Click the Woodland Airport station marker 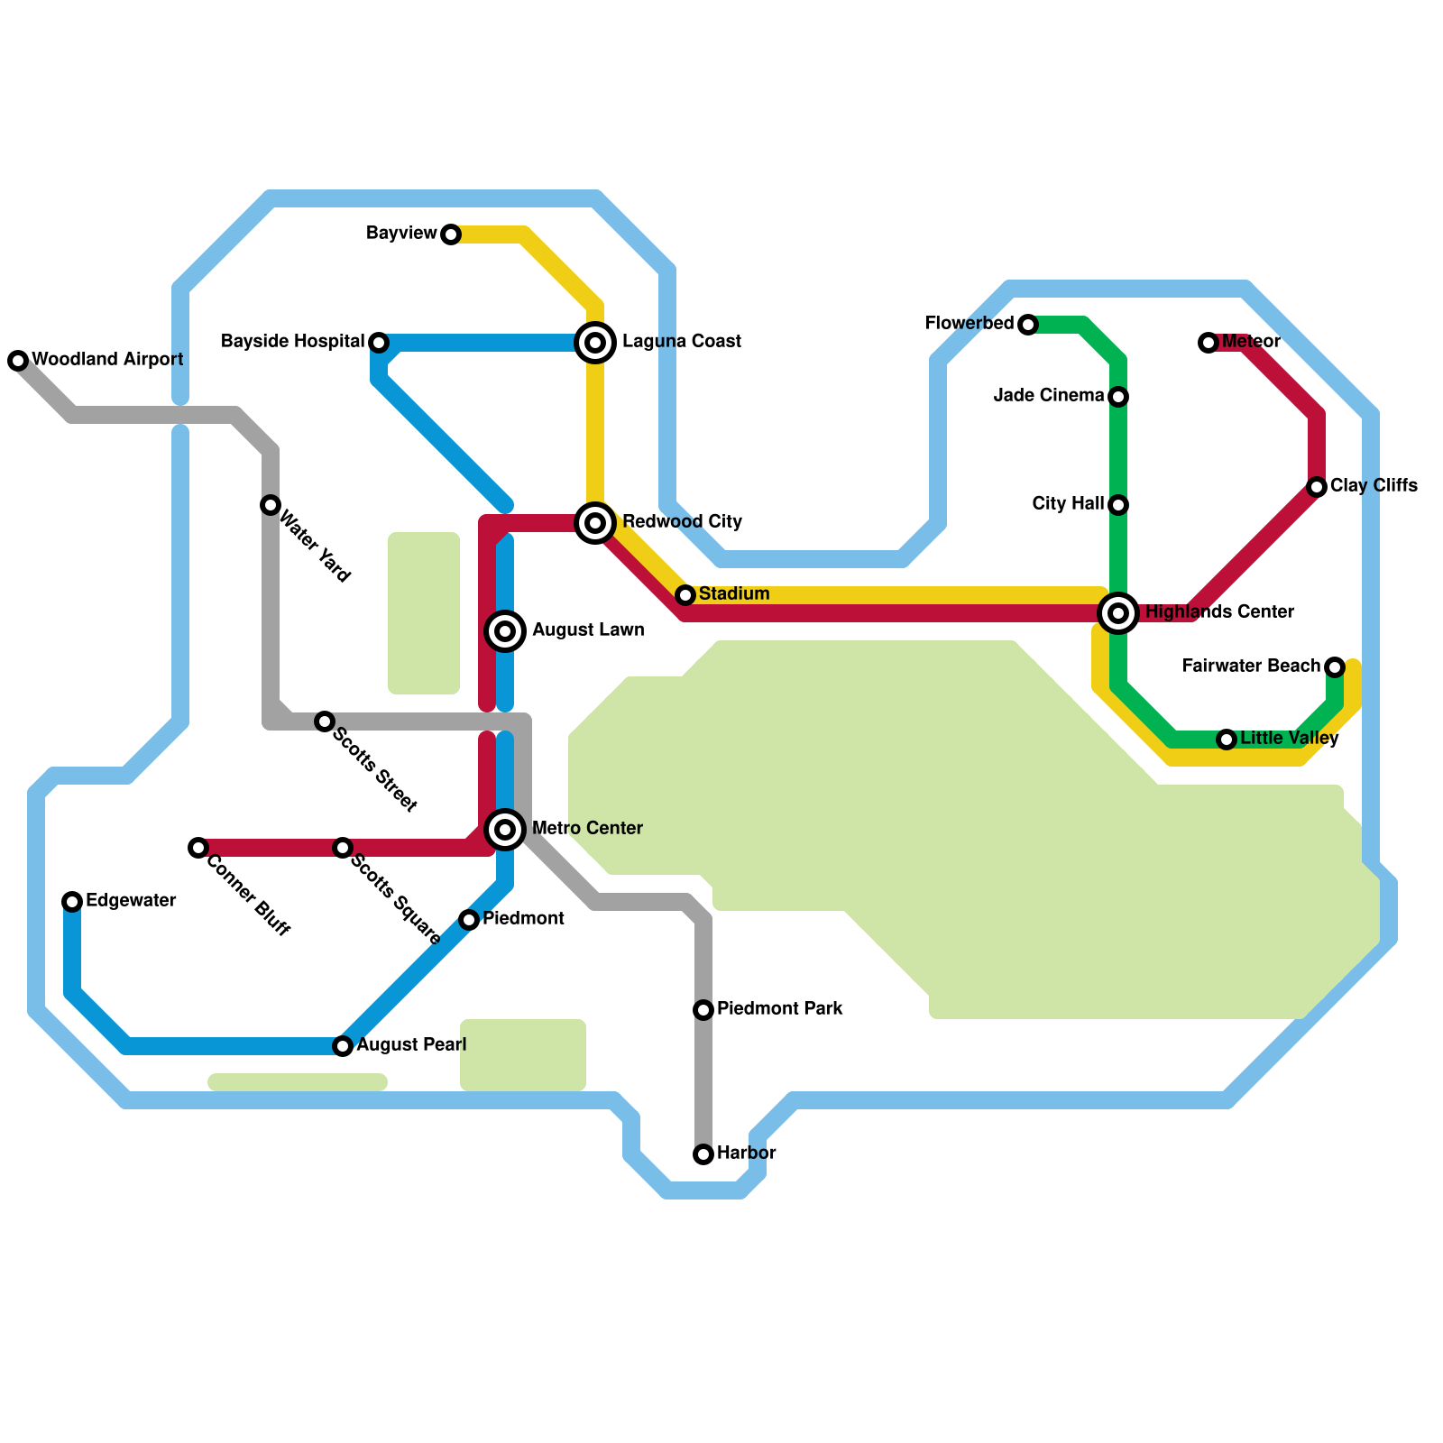[18, 361]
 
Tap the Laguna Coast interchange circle [595, 343]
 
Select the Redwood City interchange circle [595, 523]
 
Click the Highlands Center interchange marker [1118, 613]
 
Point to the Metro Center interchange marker [506, 829]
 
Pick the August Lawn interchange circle [506, 630]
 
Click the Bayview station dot [451, 235]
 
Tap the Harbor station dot [703, 1154]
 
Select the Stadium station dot [685, 595]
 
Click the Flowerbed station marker [1028, 325]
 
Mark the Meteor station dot [1209, 343]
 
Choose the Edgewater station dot [72, 902]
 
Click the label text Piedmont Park [779, 1008]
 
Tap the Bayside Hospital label [292, 342]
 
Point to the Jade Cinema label [1048, 396]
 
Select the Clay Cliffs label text [1373, 486]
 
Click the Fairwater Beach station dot [1335, 667]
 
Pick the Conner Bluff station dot [198, 848]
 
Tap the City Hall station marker [1118, 505]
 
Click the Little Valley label [1289, 739]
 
